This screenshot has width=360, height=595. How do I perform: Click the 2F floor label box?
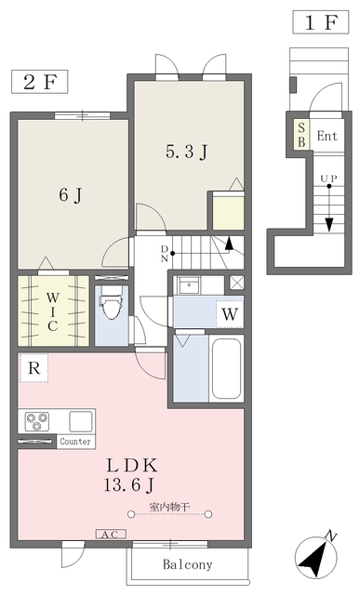coord(39,82)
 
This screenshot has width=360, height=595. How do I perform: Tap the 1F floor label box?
coord(321,22)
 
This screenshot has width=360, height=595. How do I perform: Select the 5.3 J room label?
coord(186,152)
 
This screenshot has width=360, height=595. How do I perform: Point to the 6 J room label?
coord(71,195)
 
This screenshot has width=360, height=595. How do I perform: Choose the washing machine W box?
coord(230,314)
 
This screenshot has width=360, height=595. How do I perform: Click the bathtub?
coord(226,368)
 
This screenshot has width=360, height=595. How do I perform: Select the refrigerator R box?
coord(33,368)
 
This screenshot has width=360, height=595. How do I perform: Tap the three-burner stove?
coord(37,421)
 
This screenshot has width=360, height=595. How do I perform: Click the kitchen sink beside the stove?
coord(81,421)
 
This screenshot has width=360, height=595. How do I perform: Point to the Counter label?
coord(75,442)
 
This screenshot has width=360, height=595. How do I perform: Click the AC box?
coord(111,535)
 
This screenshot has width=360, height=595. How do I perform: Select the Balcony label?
coord(188,564)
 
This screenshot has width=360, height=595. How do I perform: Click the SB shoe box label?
coord(302,135)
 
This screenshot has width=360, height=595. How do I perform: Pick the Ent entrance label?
coord(327,136)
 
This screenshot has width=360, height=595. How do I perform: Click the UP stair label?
coord(329,178)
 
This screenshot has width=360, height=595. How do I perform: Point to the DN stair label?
coord(165,254)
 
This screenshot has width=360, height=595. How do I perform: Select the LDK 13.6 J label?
coord(130,475)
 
